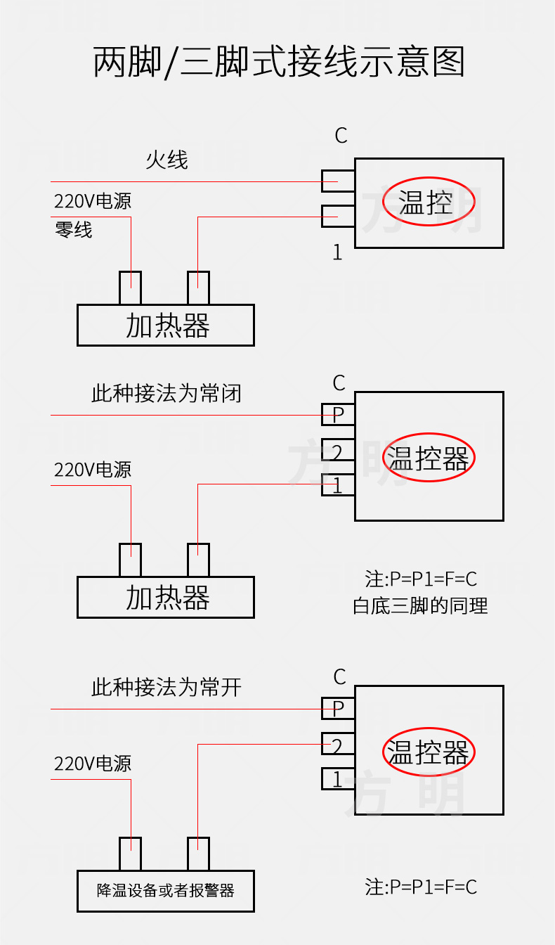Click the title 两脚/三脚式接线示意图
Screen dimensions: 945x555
point(279,62)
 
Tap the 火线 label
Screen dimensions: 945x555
point(167,160)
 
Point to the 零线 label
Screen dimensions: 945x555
point(74,229)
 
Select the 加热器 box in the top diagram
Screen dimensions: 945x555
point(165,326)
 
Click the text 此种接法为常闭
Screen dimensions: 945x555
point(166,393)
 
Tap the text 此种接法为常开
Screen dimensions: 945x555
point(166,687)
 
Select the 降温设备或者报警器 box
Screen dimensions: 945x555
point(165,891)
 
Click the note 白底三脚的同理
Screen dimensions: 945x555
point(420,605)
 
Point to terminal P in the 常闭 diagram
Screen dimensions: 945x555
point(338,415)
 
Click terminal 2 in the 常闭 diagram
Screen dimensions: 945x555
point(338,451)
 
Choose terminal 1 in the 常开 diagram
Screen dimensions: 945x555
point(338,779)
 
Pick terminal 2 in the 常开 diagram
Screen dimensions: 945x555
point(338,745)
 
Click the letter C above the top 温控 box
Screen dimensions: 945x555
point(341,136)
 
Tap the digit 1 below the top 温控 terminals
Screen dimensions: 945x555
point(337,252)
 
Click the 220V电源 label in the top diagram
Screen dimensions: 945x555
point(93,202)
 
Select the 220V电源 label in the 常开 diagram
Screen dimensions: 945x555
point(93,764)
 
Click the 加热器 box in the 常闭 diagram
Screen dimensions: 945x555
point(165,598)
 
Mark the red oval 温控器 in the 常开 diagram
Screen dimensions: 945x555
point(429,752)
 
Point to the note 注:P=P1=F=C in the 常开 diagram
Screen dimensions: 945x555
point(421,887)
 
